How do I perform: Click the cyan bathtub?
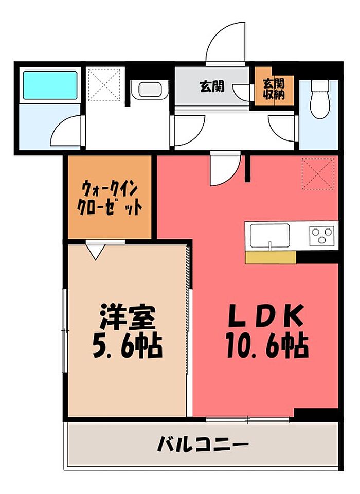(x=50, y=85)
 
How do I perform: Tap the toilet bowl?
(x=319, y=99)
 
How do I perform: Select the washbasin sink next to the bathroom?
(x=150, y=90)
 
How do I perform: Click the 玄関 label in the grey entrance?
(x=212, y=86)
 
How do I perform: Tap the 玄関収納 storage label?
(x=274, y=89)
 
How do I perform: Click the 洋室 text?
(x=127, y=317)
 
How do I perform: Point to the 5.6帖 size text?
(x=127, y=346)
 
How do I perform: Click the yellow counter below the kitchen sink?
(x=271, y=258)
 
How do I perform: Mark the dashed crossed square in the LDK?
(x=317, y=174)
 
